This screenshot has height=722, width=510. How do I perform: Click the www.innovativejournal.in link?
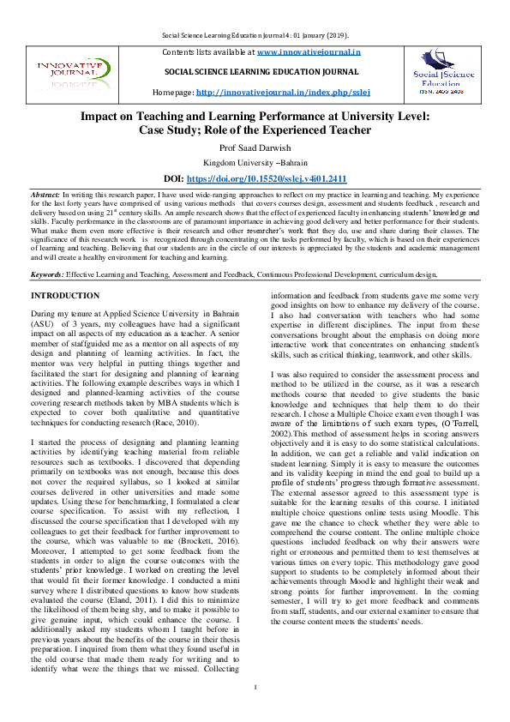point(309,52)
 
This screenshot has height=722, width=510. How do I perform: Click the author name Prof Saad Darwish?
point(255,147)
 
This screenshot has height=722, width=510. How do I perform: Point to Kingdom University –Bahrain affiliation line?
point(255,163)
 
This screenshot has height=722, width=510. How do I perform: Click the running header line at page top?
point(255,35)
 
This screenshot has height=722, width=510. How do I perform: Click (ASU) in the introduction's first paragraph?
point(43,325)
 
